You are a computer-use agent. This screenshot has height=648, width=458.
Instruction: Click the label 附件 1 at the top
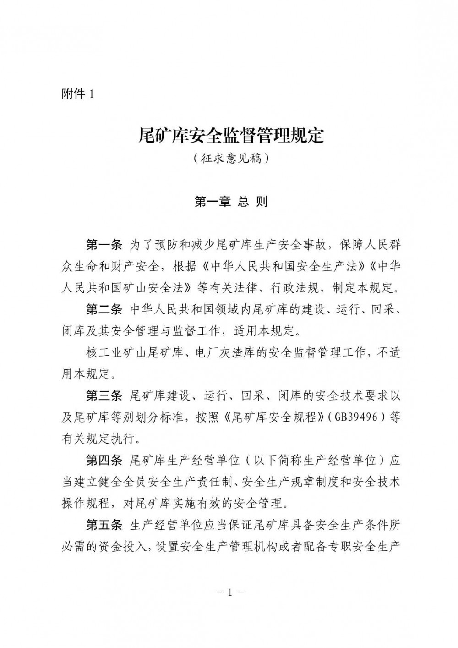pos(77,94)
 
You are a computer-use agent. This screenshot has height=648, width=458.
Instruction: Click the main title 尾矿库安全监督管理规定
pos(231,136)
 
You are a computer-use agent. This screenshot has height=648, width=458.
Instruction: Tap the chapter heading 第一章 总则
pos(231,202)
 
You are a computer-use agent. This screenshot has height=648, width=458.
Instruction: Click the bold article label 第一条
pos(104,245)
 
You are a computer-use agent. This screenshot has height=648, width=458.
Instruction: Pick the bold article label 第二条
pos(104,309)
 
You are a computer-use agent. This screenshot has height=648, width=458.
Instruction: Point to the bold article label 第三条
pos(104,395)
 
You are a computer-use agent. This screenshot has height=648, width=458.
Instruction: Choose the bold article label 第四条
pos(104,460)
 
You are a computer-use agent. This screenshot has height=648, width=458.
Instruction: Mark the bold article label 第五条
pos(104,525)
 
